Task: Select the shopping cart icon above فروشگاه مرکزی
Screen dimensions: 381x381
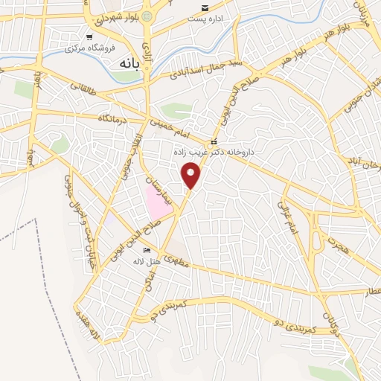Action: coord(89,36)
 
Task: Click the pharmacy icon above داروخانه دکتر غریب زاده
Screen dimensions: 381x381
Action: coord(214,141)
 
